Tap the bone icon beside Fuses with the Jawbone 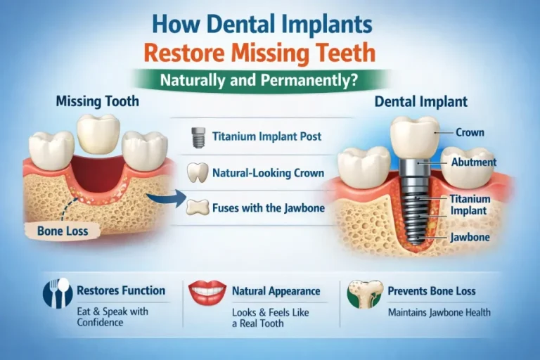click(198, 207)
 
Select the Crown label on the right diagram click(469, 131)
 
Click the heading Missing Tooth click(97, 101)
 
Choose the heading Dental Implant click(420, 101)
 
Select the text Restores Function click(120, 290)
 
